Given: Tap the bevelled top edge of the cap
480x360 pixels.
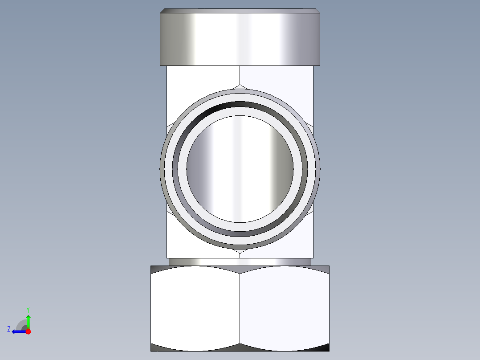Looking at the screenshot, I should (x=240, y=11).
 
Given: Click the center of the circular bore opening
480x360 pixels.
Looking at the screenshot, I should (x=240, y=168).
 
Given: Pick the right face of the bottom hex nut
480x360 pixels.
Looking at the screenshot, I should (x=285, y=307).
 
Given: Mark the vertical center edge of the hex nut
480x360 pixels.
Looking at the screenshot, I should (x=240, y=307).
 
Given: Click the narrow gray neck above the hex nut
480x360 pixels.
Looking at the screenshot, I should (x=240, y=262).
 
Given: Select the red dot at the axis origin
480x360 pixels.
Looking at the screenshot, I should (x=28, y=331).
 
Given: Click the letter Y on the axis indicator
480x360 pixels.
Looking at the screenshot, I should (x=28, y=309).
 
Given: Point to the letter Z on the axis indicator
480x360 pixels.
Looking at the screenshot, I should (x=9, y=329).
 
